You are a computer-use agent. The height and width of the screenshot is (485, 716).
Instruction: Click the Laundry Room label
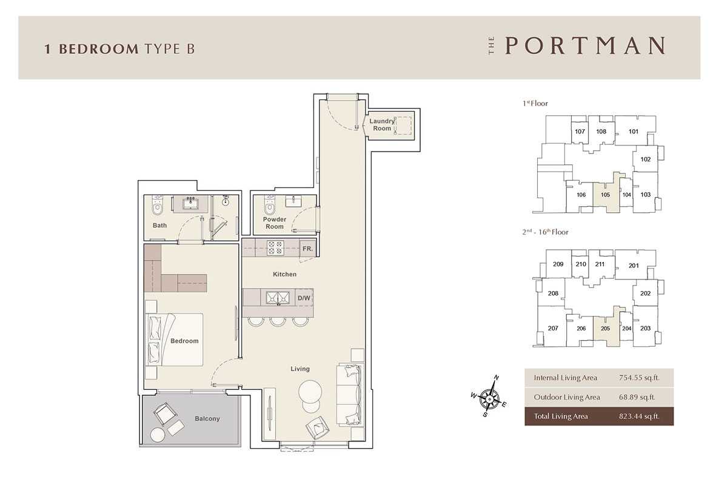click(x=382, y=125)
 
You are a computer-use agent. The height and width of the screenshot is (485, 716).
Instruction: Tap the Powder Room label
click(x=275, y=223)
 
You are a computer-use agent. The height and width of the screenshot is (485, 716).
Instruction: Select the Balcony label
click(x=207, y=418)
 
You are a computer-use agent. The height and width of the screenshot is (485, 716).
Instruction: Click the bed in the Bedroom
click(x=175, y=339)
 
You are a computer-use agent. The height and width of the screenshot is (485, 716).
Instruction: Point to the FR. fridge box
click(x=308, y=249)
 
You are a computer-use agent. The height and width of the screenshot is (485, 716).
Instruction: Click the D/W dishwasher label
click(x=304, y=298)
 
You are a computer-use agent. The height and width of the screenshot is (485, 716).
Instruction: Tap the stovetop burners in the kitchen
click(x=275, y=247)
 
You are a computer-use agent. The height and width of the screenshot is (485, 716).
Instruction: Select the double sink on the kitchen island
click(x=278, y=298)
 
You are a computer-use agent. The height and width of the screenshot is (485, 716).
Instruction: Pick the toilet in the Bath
click(x=158, y=206)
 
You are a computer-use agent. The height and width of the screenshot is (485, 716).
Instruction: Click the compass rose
click(x=489, y=397)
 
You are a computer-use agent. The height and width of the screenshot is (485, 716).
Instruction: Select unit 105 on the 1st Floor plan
click(x=606, y=195)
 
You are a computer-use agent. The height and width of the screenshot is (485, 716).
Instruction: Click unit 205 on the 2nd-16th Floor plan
click(x=606, y=329)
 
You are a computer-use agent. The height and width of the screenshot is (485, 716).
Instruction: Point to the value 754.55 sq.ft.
click(x=639, y=378)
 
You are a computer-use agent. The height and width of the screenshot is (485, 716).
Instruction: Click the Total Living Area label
click(x=561, y=416)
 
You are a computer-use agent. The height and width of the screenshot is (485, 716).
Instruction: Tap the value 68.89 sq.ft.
click(x=637, y=397)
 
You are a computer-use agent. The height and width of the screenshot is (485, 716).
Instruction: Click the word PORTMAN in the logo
click(x=585, y=45)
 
